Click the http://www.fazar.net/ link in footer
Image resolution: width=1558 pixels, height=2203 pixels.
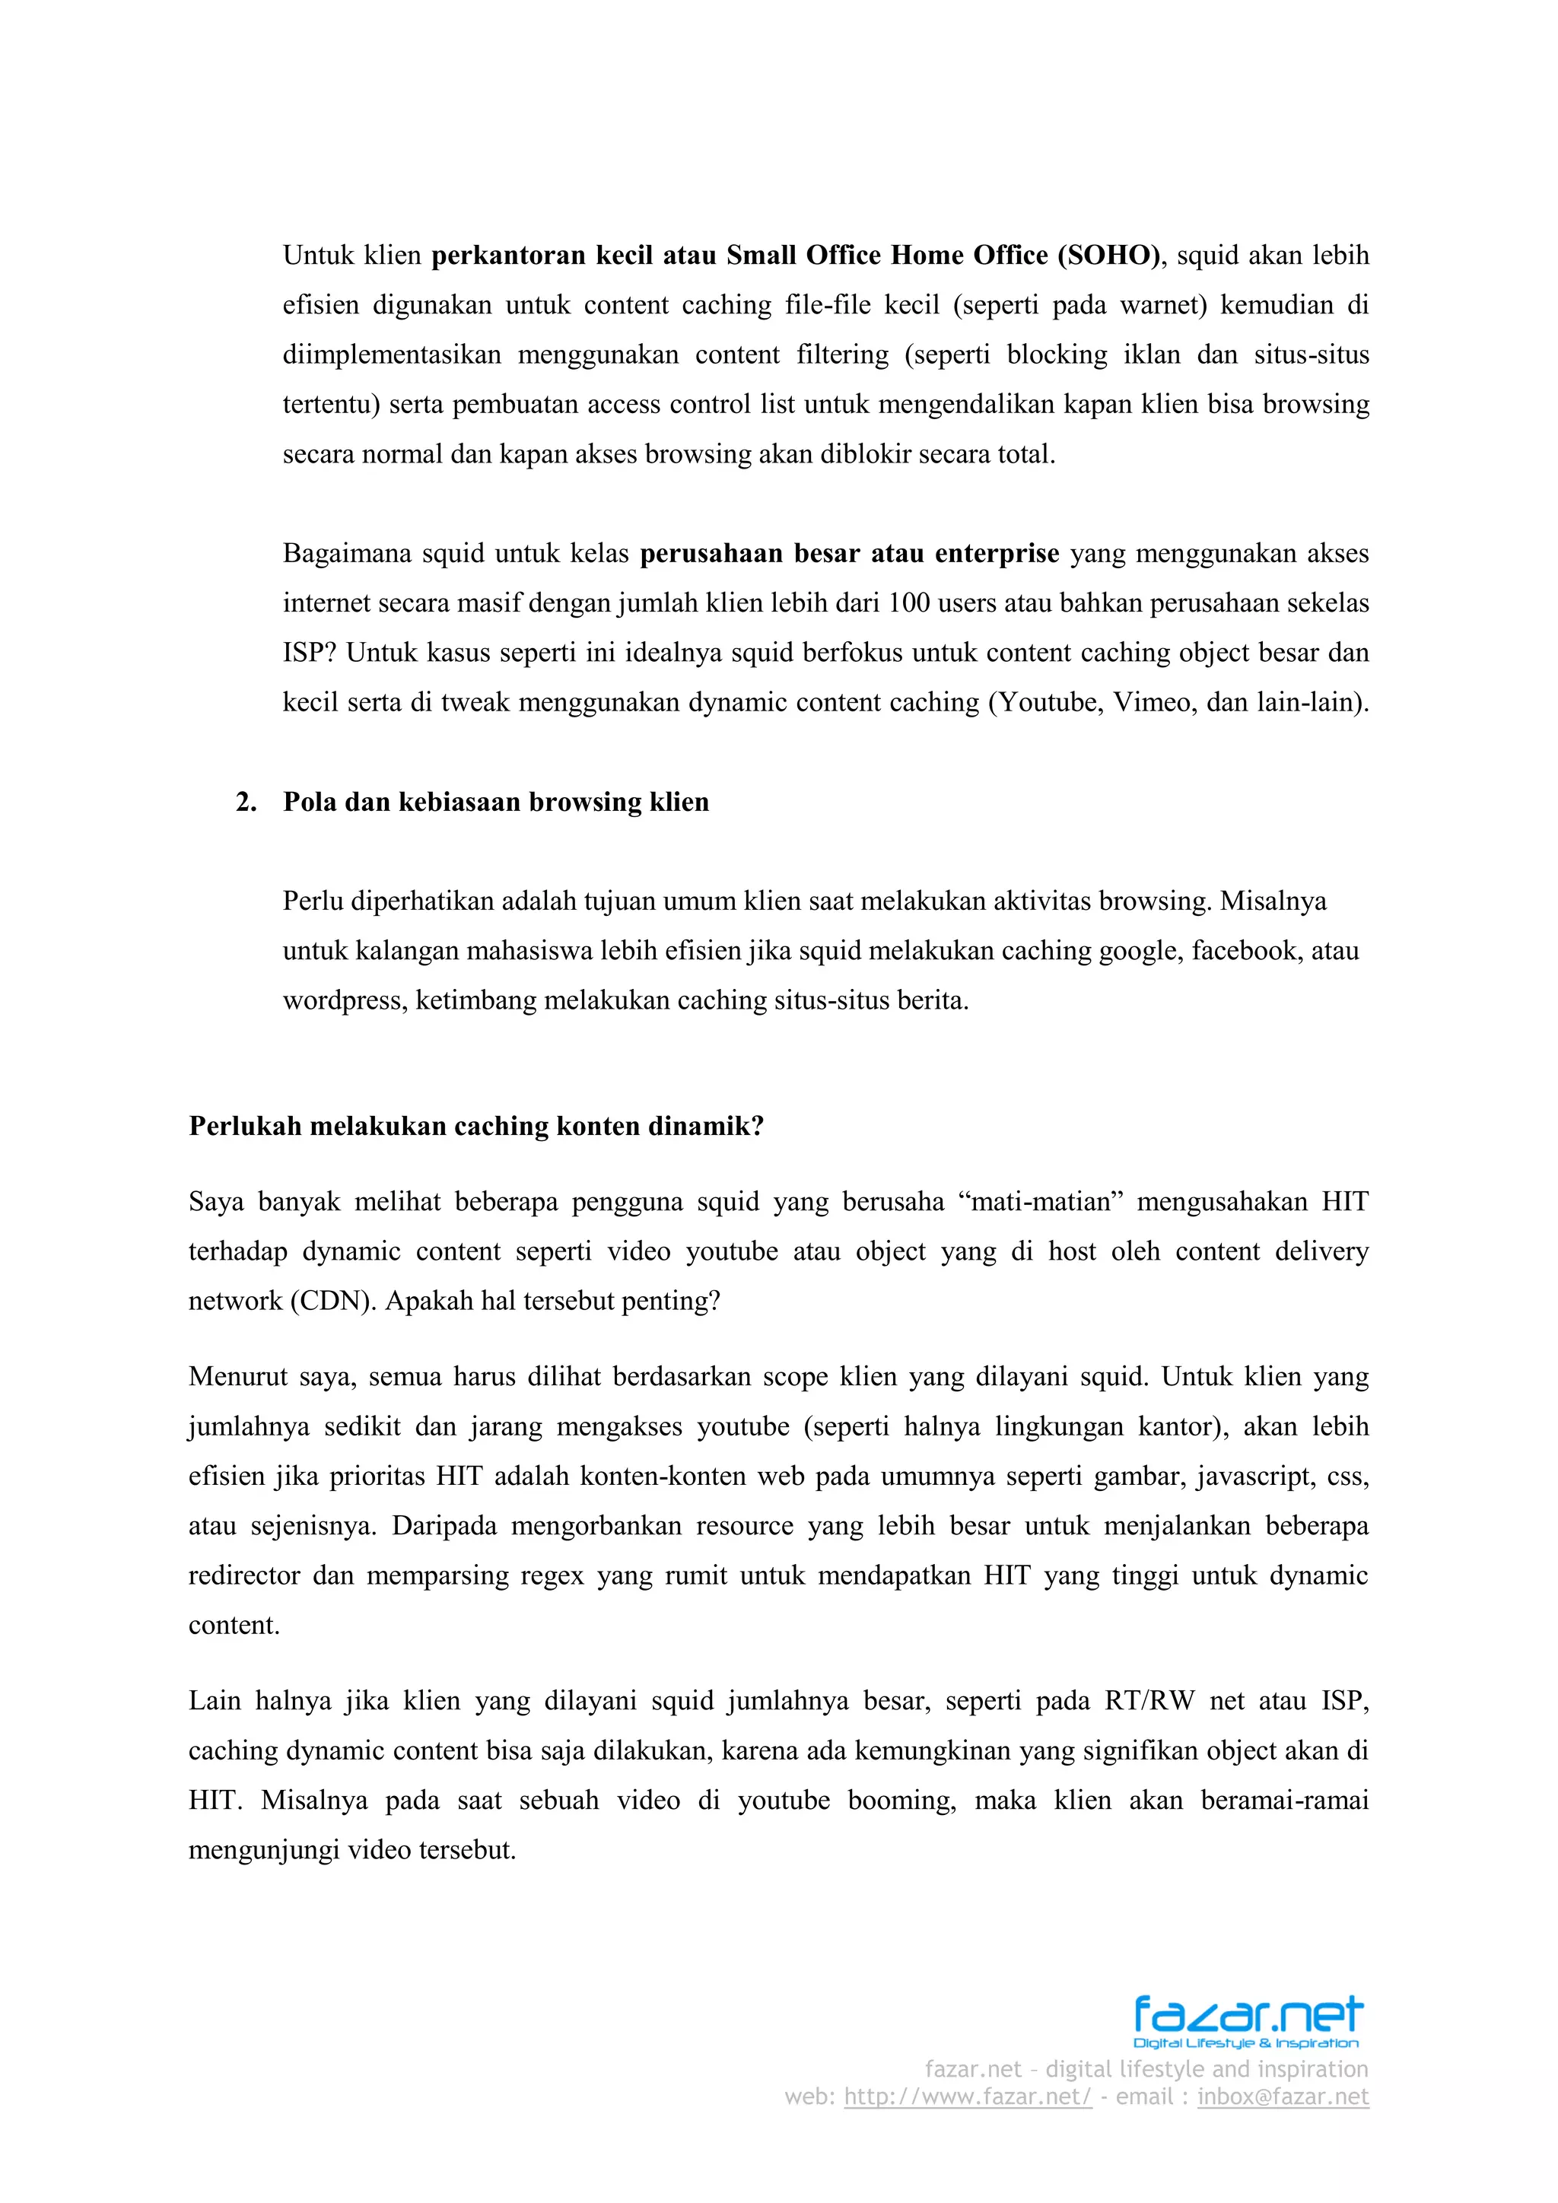[x=967, y=2097]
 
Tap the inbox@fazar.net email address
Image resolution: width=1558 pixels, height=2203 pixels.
[x=1283, y=2097]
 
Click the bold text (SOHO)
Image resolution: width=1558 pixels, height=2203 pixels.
[x=1109, y=256]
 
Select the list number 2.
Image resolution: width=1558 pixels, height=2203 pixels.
[x=246, y=802]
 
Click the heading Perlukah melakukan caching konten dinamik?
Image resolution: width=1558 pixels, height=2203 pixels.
[x=475, y=1126]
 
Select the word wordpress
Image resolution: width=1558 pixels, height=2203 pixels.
[x=345, y=1001]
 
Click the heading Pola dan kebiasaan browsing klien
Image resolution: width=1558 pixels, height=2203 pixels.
[x=495, y=802]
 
